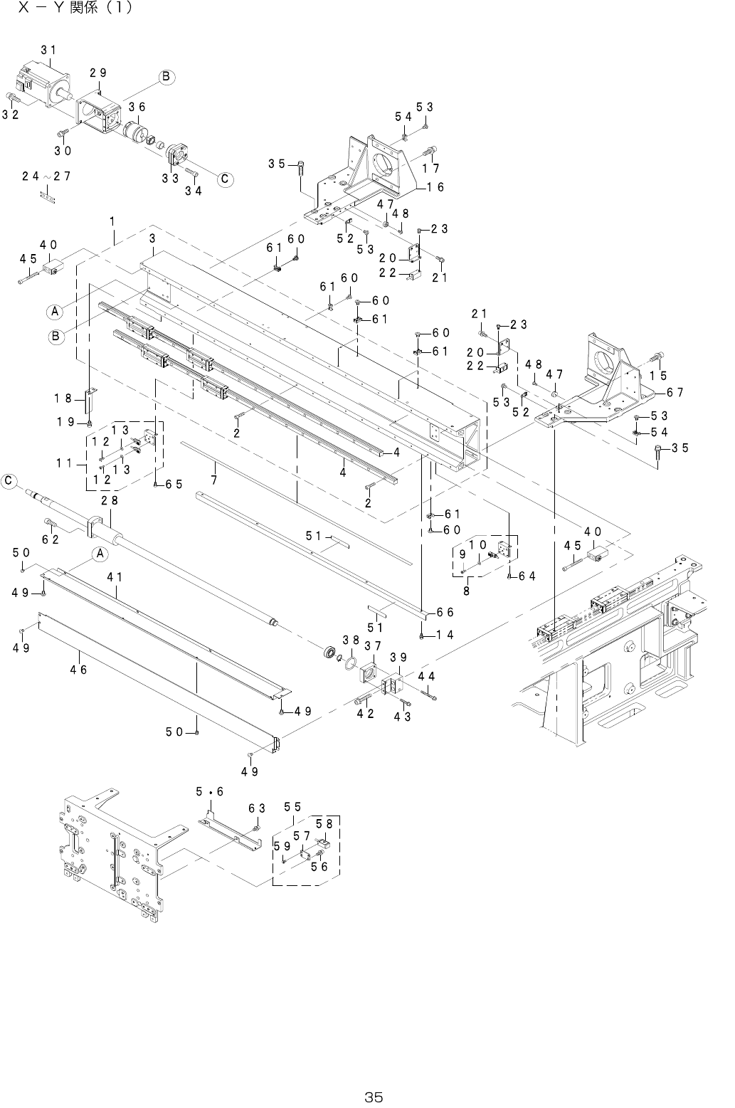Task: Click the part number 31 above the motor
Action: [x=49, y=50]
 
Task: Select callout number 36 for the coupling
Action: [x=137, y=107]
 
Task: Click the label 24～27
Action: [x=46, y=176]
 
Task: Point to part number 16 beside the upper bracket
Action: [x=435, y=187]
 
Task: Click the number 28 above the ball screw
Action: [x=109, y=501]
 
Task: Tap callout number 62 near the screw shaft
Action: [x=50, y=540]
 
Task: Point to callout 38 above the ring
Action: [x=350, y=640]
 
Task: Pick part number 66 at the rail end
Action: [x=445, y=612]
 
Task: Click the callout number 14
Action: [x=445, y=635]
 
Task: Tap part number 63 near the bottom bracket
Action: [x=257, y=808]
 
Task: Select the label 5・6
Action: [x=210, y=792]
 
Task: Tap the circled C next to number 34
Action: [x=224, y=179]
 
